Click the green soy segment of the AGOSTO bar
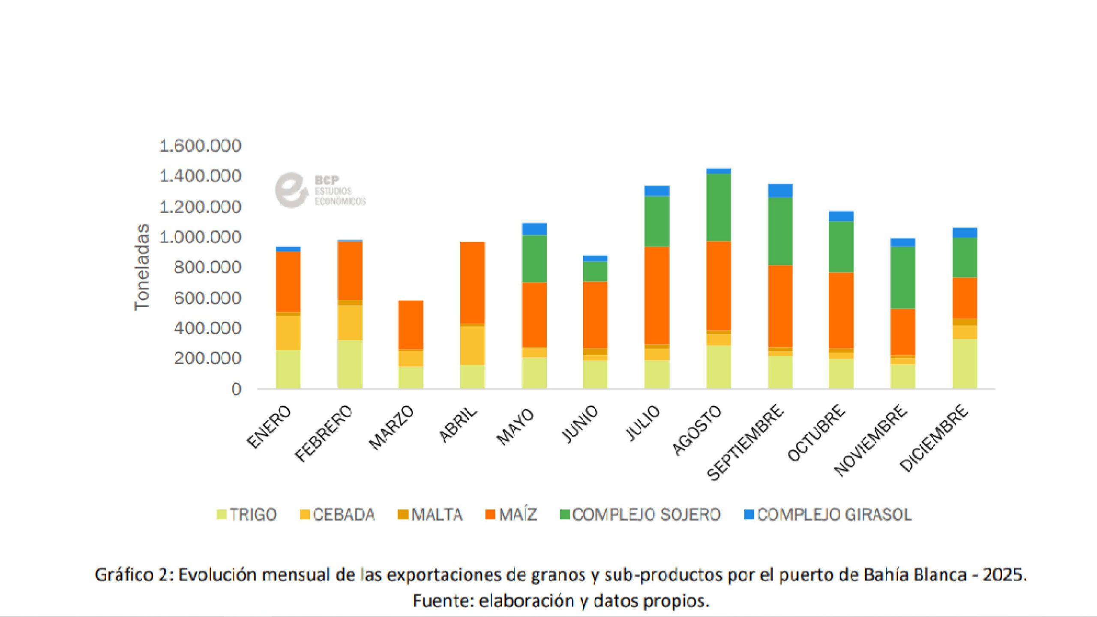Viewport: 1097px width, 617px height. tap(719, 207)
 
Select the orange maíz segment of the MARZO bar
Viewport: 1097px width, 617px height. tap(411, 325)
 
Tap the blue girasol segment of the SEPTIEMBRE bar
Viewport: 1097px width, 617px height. tap(780, 190)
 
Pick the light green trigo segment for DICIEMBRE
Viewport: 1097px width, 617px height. tap(965, 364)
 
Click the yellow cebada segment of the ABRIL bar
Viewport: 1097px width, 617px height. tap(472, 345)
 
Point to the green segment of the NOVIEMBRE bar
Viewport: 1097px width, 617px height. tap(902, 277)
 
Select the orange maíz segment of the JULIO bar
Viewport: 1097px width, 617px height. tap(657, 295)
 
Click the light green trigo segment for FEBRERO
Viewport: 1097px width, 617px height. tap(350, 364)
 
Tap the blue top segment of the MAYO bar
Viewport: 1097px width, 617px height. tap(534, 229)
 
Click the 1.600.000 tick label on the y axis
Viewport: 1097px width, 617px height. tap(200, 146)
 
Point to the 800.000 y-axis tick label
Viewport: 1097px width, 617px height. tap(207, 267)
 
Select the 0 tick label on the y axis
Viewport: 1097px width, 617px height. tap(236, 389)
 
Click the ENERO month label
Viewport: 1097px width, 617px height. tap(270, 428)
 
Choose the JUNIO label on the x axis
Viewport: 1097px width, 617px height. tap(580, 424)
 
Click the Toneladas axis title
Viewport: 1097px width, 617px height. tap(142, 267)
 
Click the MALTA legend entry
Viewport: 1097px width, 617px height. tap(430, 515)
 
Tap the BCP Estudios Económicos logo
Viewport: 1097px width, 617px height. tap(319, 190)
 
